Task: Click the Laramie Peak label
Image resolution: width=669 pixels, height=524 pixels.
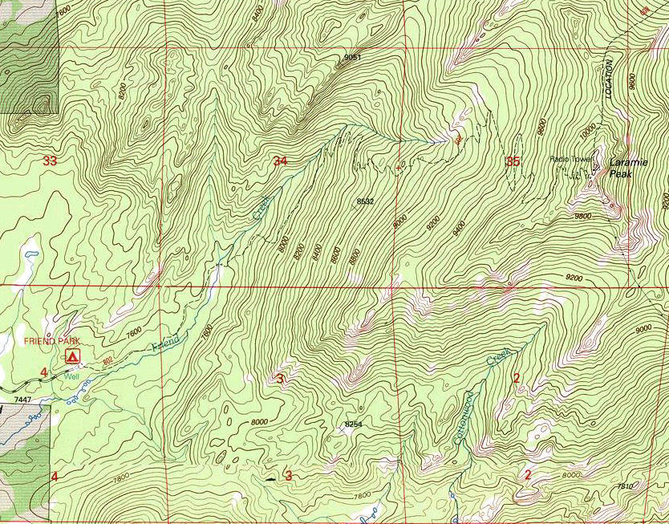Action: tap(627, 167)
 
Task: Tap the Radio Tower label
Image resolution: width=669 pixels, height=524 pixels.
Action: tap(570, 159)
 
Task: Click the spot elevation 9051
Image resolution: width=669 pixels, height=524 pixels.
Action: tap(352, 58)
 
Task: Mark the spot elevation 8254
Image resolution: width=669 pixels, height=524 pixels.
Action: tap(353, 423)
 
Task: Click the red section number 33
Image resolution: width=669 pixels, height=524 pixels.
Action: tap(50, 160)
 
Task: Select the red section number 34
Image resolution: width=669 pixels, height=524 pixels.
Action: tap(280, 161)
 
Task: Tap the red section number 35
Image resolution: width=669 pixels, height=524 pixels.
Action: tap(513, 161)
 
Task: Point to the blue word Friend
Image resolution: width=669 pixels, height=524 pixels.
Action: tap(165, 343)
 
